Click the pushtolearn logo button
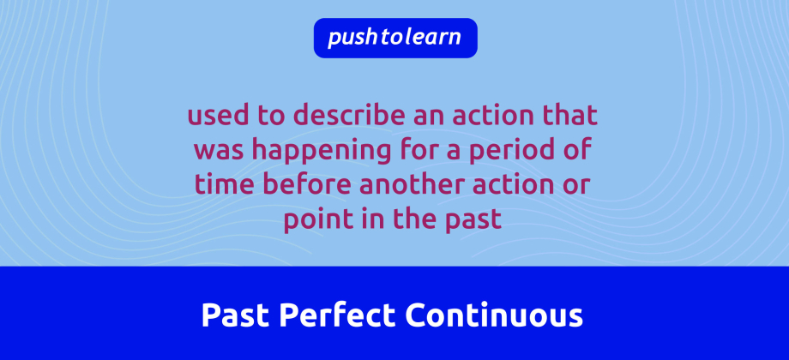point(394,38)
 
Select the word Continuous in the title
point(494,315)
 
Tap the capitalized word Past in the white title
point(234,315)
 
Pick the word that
point(571,116)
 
